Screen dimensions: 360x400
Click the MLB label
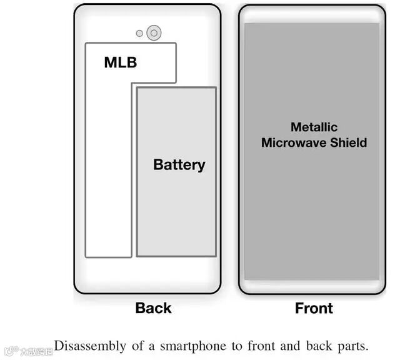[x=120, y=62]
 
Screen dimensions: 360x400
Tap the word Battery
[x=179, y=165]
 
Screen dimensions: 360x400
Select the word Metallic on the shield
[x=314, y=127]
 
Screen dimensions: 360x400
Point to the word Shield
[x=349, y=142]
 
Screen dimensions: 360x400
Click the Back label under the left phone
[x=153, y=308]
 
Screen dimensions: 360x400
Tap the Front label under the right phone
[x=314, y=308]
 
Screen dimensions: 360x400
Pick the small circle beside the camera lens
[x=139, y=33]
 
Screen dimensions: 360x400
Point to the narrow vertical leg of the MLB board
[x=108, y=187]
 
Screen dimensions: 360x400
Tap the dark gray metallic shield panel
[x=312, y=212]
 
